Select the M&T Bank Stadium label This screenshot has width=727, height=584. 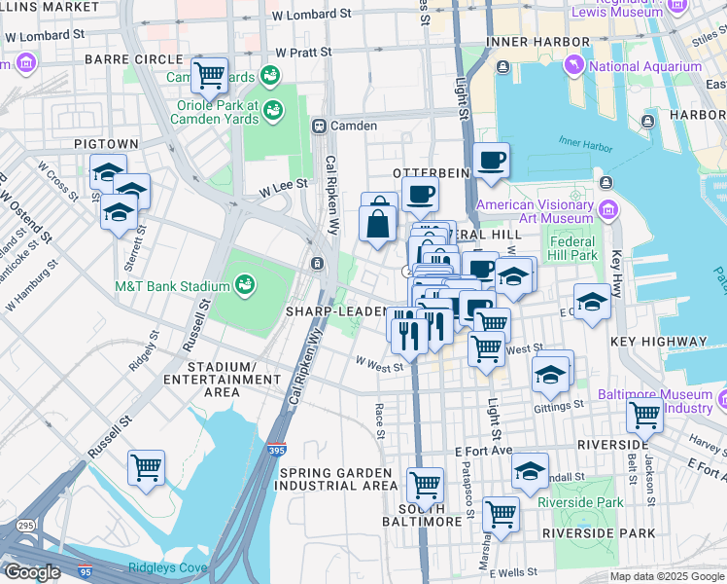[172, 286]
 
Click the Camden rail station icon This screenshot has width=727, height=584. [318, 126]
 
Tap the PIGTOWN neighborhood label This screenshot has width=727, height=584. [106, 144]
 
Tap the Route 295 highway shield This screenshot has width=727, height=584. [21, 526]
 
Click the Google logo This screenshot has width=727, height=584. [33, 572]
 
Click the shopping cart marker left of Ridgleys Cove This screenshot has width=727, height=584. [147, 467]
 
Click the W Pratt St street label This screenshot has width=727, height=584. [303, 51]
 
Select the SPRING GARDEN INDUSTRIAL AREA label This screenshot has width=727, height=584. [338, 479]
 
